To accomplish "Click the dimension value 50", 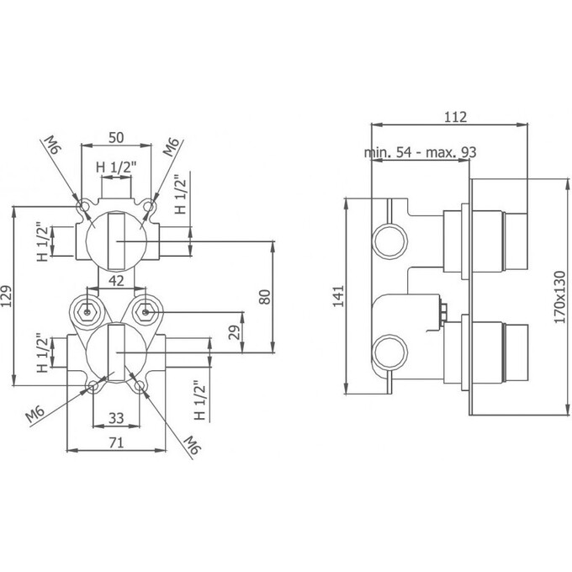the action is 116,137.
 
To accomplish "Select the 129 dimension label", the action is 7,296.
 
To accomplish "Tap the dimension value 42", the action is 116,281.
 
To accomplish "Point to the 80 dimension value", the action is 264,297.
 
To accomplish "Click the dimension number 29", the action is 234,332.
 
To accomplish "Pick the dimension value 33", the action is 116,418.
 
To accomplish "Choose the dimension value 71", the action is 116,442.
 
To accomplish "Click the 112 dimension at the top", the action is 455,117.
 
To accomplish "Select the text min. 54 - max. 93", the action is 421,151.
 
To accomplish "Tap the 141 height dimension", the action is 338,296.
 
